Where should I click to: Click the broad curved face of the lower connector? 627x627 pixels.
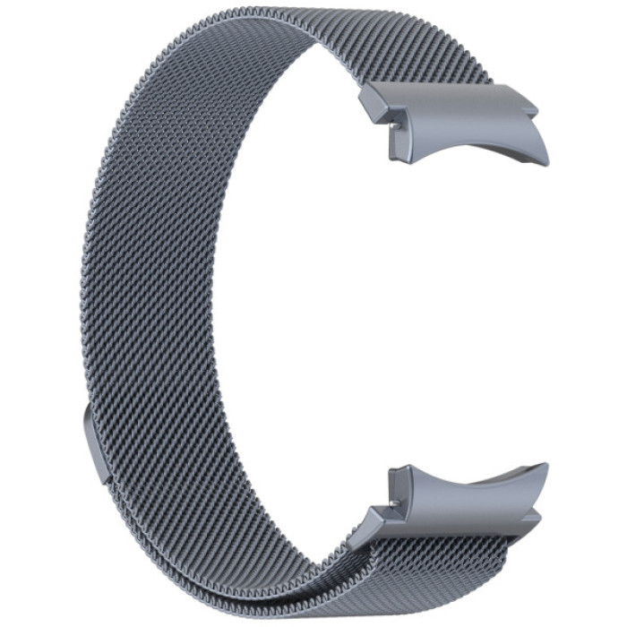(x=466, y=488)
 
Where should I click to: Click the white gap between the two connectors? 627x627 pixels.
(x=430, y=313)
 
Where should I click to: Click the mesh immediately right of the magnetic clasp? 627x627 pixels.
(x=134, y=448)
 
